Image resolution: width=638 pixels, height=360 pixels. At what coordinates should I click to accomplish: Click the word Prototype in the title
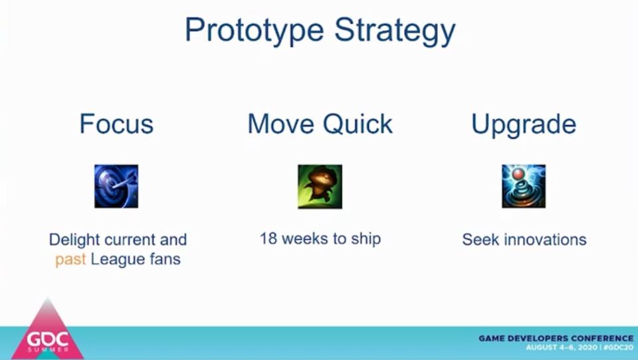click(x=255, y=31)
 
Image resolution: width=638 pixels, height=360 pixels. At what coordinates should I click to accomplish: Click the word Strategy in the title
click(x=395, y=31)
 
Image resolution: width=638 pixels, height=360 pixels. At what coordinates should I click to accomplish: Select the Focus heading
click(x=116, y=124)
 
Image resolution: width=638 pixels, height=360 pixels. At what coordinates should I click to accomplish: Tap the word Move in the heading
click(x=281, y=124)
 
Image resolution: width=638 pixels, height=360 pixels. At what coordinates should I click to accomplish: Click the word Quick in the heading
click(x=358, y=124)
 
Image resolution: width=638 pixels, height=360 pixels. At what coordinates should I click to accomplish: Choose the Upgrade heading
click(x=524, y=124)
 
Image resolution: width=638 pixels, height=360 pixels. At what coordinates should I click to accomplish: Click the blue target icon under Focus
click(x=116, y=186)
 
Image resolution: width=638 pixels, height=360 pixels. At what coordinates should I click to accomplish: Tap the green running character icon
click(x=320, y=186)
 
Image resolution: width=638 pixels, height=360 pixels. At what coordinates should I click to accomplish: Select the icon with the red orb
click(x=524, y=186)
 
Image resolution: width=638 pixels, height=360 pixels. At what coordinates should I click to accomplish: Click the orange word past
click(x=70, y=260)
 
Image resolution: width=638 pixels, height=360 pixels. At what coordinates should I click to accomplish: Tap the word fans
click(x=165, y=259)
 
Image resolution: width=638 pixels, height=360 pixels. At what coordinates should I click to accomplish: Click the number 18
click(x=268, y=238)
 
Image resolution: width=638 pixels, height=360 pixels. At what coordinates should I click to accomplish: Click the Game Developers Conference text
click(x=556, y=338)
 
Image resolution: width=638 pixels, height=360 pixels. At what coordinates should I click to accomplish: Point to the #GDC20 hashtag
click(x=619, y=348)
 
